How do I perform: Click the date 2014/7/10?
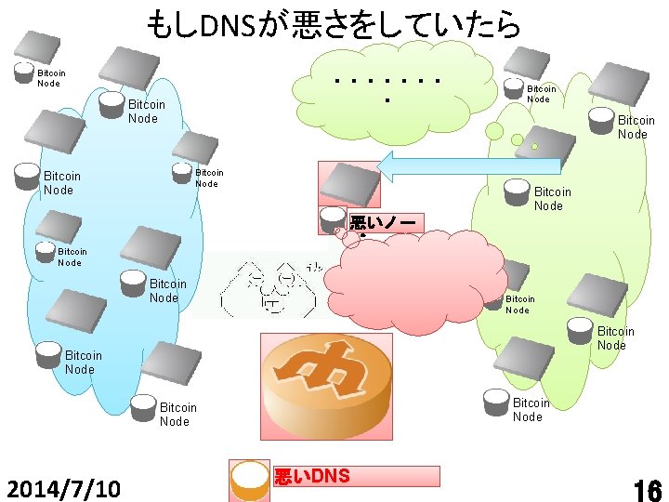click(x=63, y=488)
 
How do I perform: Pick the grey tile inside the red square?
click(x=348, y=182)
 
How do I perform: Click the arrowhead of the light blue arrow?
click(x=394, y=165)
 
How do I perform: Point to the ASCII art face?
click(x=265, y=284)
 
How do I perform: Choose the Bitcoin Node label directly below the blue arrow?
click(x=552, y=199)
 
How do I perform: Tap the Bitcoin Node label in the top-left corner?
click(x=51, y=78)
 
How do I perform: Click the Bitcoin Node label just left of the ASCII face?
click(x=168, y=291)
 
